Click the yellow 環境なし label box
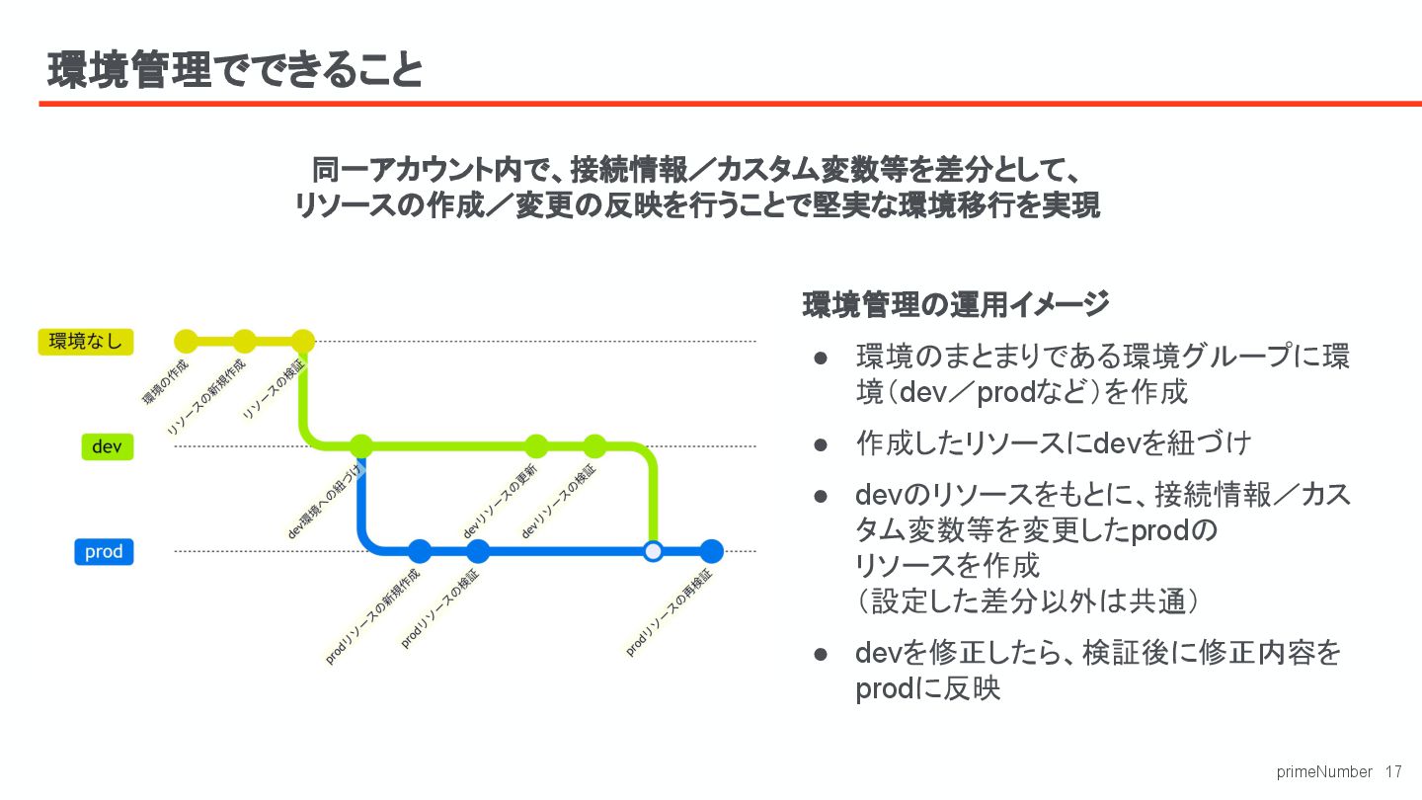click(x=85, y=342)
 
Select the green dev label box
click(x=106, y=446)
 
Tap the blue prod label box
click(x=104, y=551)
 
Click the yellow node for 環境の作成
click(x=186, y=342)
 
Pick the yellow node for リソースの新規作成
click(x=244, y=342)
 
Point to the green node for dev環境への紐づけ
click(x=361, y=446)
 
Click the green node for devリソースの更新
click(x=536, y=446)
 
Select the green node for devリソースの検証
click(x=594, y=446)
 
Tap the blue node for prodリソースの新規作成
click(x=420, y=551)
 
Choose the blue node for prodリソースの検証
click(x=478, y=551)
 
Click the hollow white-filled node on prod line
click(x=653, y=551)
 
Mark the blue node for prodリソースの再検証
click(x=711, y=551)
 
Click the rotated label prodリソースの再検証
click(x=669, y=613)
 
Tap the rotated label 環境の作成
click(x=165, y=382)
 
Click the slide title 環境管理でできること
click(x=235, y=71)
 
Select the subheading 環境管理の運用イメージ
click(x=955, y=304)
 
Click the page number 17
click(x=1393, y=771)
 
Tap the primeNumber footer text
click(x=1324, y=771)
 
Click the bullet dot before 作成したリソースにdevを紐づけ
click(x=821, y=443)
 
